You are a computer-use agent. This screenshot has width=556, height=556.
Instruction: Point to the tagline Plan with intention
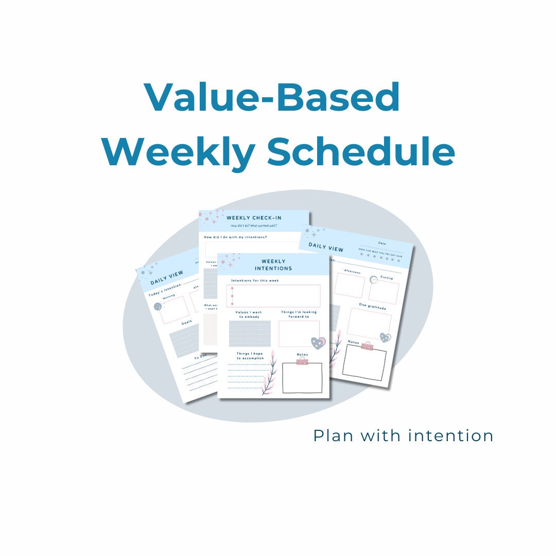(x=403, y=436)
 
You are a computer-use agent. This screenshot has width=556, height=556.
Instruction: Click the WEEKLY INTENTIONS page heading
(x=273, y=265)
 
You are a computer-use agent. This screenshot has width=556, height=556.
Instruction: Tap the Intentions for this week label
(x=255, y=281)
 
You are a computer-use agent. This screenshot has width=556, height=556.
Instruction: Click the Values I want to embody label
(x=249, y=315)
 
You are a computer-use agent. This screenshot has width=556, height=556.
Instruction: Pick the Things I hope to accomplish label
(x=250, y=356)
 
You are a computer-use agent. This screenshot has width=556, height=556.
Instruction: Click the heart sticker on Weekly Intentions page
(x=318, y=343)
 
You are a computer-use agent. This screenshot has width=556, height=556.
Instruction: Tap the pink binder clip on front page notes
(x=302, y=362)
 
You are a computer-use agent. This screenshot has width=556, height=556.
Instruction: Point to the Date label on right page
(x=381, y=242)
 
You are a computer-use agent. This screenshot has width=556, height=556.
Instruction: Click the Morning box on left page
(x=175, y=309)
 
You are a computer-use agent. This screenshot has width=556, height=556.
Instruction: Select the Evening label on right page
(x=386, y=277)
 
